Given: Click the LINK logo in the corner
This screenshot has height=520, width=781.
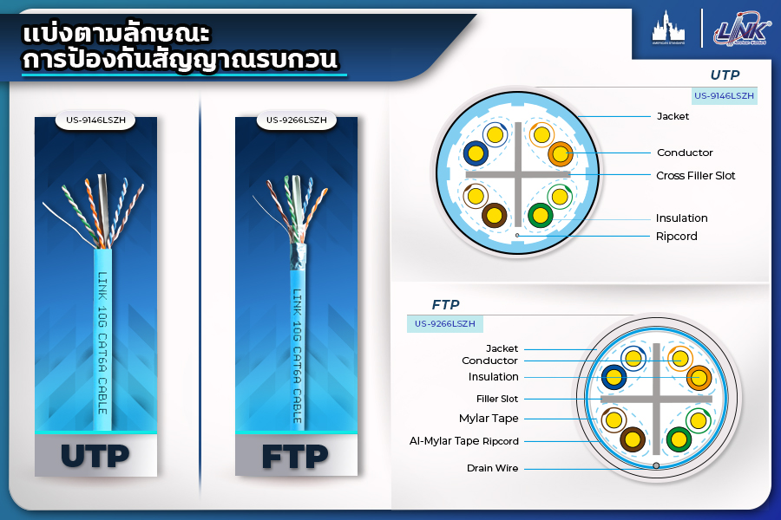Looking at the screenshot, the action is [x=742, y=29].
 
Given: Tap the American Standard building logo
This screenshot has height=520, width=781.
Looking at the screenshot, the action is [x=668, y=28].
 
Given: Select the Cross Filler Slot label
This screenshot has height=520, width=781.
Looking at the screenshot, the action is [x=695, y=176].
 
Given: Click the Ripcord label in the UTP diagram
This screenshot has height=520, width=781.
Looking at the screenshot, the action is [x=676, y=237].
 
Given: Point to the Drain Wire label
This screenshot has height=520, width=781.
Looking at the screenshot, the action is [x=492, y=468].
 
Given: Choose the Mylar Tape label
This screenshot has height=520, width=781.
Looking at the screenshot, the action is [x=489, y=419].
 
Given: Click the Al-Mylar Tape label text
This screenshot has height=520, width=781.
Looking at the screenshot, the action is [x=443, y=441].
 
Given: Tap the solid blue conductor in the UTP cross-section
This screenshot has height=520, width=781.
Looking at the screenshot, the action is [x=476, y=153].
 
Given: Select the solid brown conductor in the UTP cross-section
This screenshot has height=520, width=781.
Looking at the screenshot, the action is [x=494, y=216].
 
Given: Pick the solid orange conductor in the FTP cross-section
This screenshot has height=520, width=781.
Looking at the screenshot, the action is [x=699, y=378].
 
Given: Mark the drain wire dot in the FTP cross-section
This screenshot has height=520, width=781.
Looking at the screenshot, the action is [x=656, y=465].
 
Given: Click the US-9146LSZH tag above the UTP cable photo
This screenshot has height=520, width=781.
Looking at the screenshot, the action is [x=95, y=120].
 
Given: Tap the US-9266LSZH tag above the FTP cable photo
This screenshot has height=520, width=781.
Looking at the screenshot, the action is [x=296, y=120].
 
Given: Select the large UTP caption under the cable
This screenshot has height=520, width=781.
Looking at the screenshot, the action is [x=95, y=456].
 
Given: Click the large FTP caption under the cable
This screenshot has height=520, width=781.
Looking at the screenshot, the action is [x=295, y=457].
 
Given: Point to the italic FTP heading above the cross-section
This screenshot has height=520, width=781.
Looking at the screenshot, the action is [x=445, y=304].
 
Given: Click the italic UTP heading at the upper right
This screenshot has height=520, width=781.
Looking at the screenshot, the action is [x=725, y=75].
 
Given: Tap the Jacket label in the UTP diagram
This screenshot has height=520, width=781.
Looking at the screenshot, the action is [x=673, y=116].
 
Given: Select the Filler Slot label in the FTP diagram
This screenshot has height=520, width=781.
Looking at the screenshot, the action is [x=496, y=399].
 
